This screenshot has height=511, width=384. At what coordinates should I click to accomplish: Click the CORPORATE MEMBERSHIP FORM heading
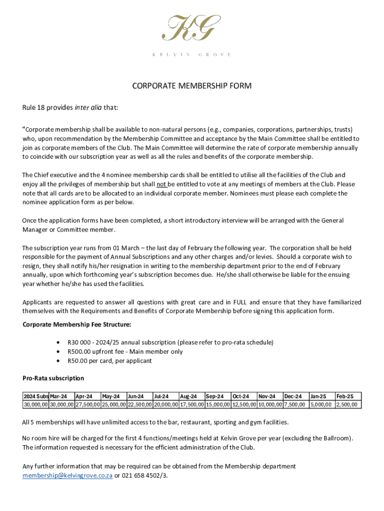click(x=192, y=86)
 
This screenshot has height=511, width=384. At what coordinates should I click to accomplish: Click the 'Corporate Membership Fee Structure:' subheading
click(x=77, y=325)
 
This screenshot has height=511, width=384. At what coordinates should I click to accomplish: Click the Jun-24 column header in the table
click(x=136, y=396)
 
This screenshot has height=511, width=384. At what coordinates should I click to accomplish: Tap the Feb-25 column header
click(x=345, y=396)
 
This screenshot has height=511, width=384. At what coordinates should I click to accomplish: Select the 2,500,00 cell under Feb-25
click(x=347, y=405)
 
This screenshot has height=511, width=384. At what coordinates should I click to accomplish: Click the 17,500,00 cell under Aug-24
click(x=192, y=405)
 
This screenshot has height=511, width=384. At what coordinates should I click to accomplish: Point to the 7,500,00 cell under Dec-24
click(x=294, y=405)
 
